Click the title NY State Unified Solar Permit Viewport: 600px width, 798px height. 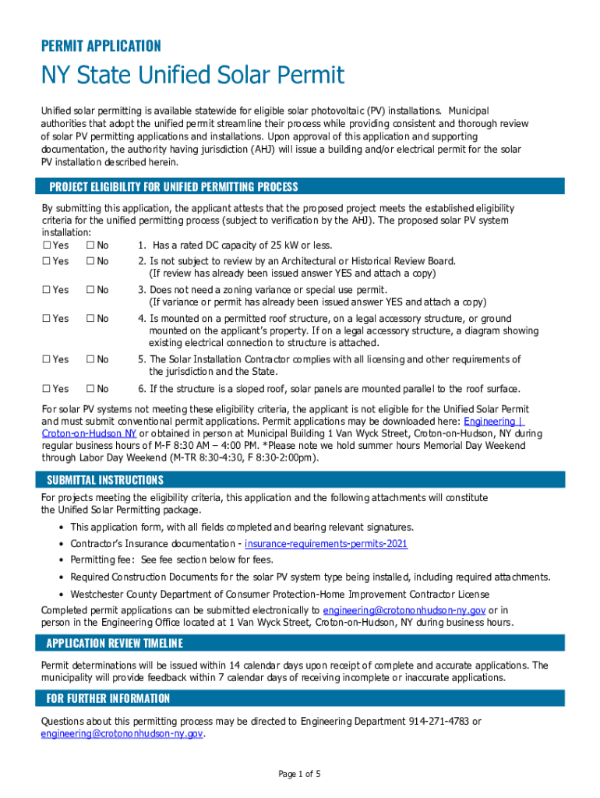pos(192,76)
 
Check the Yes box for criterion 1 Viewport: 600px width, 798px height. pos(46,245)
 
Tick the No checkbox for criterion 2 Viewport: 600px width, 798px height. pos(90,261)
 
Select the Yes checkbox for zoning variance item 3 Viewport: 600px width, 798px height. pos(46,290)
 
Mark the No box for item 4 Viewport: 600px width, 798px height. pos(90,319)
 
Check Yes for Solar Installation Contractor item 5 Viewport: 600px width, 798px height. pos(46,359)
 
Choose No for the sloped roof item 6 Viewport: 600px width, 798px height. pos(90,389)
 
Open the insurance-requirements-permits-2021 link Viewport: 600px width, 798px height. pos(326,544)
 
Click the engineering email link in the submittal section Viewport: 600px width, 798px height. pos(404,610)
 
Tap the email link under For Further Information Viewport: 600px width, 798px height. pos(122,734)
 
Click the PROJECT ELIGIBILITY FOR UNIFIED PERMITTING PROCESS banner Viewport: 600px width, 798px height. pos(174,187)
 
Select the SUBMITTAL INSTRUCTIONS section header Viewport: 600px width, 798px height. pos(105,480)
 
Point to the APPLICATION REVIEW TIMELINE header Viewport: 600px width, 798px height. pos(115,643)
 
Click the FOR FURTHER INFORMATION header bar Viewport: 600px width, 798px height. pos(108,698)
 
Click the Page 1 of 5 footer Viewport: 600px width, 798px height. pos(300,774)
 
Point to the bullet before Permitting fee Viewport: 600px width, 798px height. pos(62,560)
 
